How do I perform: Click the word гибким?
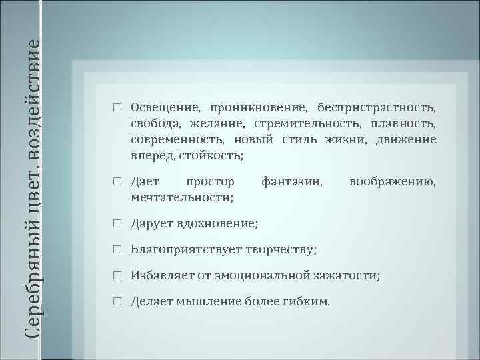point(307,301)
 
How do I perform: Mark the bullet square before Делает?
point(117,301)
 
